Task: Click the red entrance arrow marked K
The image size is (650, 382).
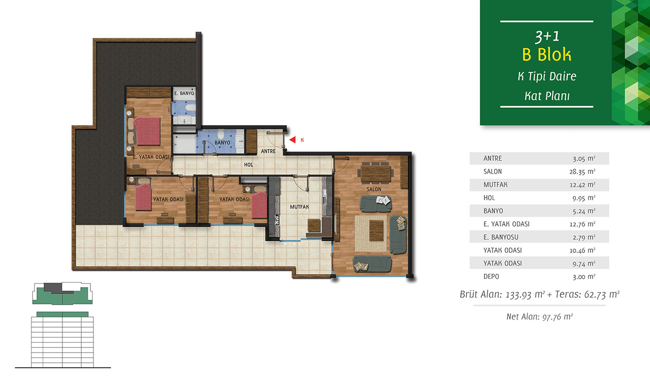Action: point(292,140)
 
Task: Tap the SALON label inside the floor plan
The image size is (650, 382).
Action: point(374,189)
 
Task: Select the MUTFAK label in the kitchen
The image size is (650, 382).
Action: point(300,207)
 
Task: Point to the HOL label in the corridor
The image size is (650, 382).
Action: point(248,165)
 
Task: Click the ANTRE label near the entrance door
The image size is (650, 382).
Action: point(268,151)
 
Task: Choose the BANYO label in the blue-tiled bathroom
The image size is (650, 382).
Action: point(222,143)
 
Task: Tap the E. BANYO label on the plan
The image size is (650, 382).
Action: point(184,93)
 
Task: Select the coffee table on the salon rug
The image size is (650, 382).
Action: point(376,231)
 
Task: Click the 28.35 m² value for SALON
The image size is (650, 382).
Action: point(582,172)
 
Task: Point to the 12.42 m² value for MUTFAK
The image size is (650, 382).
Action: point(582,184)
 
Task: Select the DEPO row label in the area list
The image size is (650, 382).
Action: point(491,276)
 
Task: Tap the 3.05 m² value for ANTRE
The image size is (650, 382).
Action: point(584,158)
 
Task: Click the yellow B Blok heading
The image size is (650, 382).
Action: point(547,54)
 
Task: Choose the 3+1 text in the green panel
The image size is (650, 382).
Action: point(547,37)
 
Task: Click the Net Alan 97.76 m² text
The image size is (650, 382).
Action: point(539,316)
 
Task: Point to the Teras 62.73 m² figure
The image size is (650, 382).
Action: point(588,294)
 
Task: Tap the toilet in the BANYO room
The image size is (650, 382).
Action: point(221,134)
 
